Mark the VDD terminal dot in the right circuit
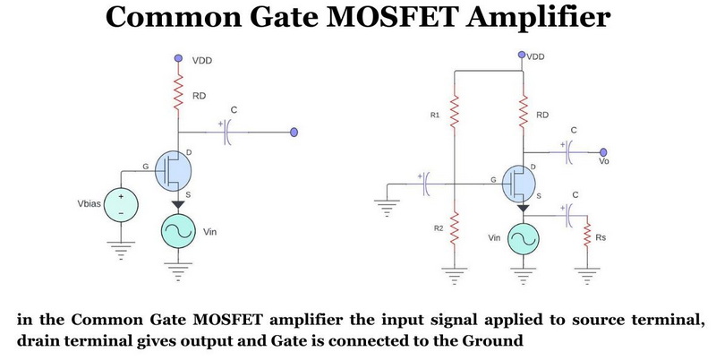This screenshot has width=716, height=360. coord(523,56)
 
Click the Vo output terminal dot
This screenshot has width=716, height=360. coord(604,151)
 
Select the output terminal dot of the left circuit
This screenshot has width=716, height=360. coord(294,133)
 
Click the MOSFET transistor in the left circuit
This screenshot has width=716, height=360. coord(174,169)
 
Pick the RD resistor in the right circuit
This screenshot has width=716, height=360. coord(523,114)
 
